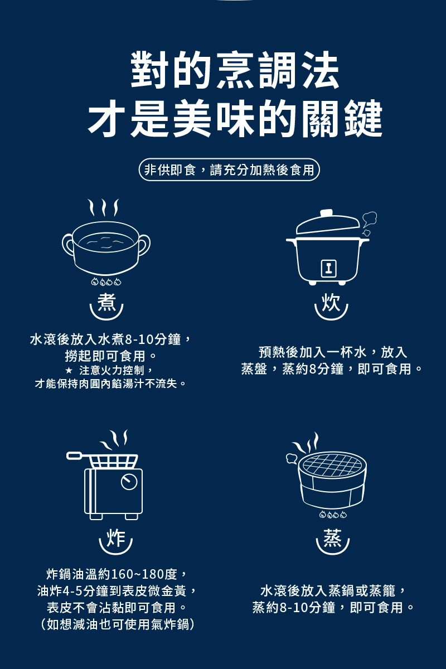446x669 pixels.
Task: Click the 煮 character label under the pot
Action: coord(106,302)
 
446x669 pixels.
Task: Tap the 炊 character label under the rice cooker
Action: coord(331,302)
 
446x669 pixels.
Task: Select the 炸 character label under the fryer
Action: coord(116,537)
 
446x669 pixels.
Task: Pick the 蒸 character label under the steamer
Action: coord(332,537)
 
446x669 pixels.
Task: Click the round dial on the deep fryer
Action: coord(129,482)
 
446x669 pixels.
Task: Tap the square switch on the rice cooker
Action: coord(328,268)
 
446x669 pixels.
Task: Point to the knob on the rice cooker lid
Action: coord(327,213)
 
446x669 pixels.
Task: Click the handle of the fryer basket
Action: coord(74,455)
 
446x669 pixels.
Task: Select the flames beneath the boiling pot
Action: coord(106,282)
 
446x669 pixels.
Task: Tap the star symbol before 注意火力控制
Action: coord(69,370)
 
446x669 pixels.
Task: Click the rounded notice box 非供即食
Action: coord(230,169)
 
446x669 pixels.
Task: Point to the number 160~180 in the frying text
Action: coord(138,574)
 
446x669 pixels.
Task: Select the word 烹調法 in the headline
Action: coord(278,70)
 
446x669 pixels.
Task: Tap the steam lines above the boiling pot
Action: coord(103,207)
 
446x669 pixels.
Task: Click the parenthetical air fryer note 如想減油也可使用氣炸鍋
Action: coord(118,624)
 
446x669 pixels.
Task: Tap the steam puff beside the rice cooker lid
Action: coord(369,222)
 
